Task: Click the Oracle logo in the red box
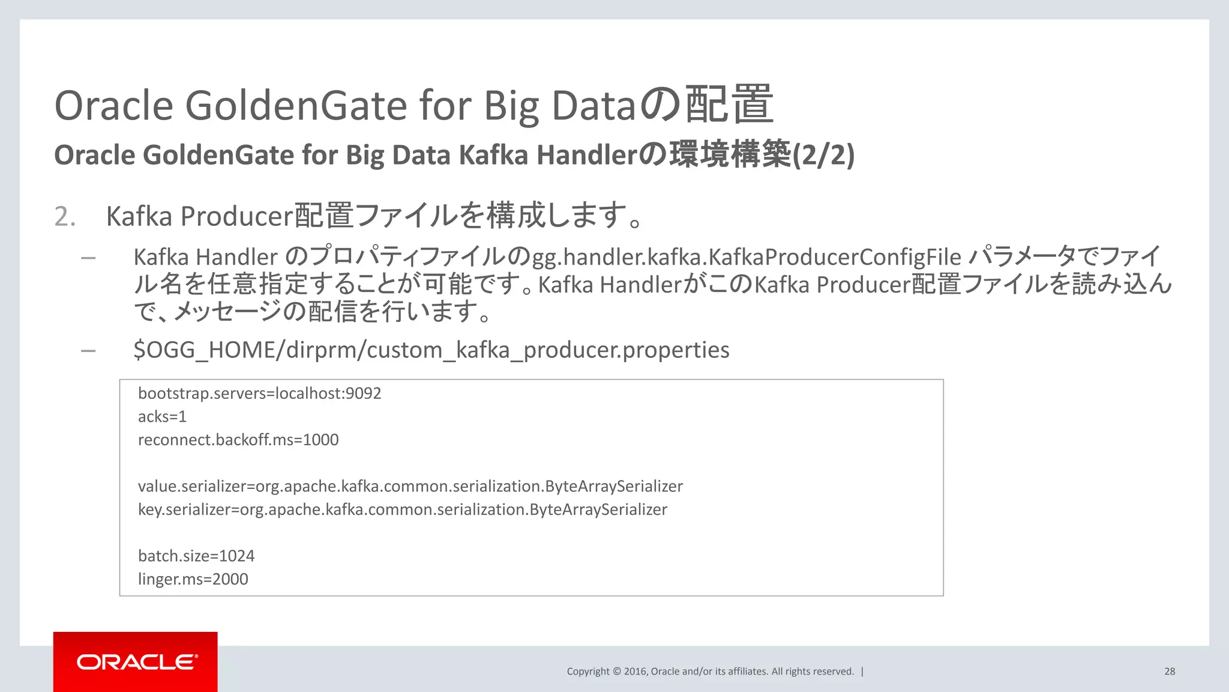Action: pyautogui.click(x=136, y=662)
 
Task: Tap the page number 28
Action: pyautogui.click(x=1170, y=672)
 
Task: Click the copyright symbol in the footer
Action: pyautogui.click(x=617, y=672)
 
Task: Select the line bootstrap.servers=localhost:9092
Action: pyautogui.click(x=259, y=393)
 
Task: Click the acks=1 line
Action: pyautogui.click(x=162, y=416)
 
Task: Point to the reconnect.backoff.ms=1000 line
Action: pyautogui.click(x=238, y=440)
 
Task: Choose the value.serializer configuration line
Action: pyautogui.click(x=410, y=486)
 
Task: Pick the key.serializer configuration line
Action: pyautogui.click(x=402, y=509)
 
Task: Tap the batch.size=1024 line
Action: pyautogui.click(x=196, y=556)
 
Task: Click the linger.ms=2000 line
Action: pyautogui.click(x=193, y=579)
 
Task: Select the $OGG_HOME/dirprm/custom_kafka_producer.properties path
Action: pyautogui.click(x=431, y=350)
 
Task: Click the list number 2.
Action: pyautogui.click(x=65, y=216)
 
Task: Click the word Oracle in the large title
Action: pyautogui.click(x=113, y=105)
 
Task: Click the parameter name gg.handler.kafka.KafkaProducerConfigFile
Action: pyautogui.click(x=747, y=257)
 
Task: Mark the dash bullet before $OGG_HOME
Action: pyautogui.click(x=88, y=350)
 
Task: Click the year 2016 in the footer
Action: pyautogui.click(x=635, y=672)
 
